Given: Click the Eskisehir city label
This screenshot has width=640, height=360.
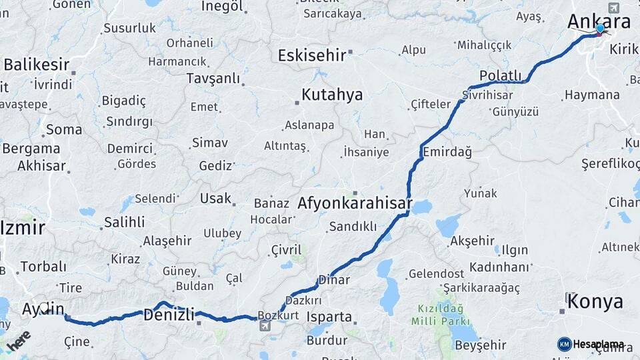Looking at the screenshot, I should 311,55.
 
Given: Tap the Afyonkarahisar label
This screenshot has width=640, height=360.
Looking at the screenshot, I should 355,203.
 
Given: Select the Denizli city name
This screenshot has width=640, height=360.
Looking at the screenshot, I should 169,315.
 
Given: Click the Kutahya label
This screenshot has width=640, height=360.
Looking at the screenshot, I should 332,95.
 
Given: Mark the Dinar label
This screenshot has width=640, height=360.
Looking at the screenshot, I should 334,280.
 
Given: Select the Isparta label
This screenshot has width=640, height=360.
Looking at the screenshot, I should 329,316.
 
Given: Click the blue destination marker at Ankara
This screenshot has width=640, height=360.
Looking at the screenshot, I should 601,29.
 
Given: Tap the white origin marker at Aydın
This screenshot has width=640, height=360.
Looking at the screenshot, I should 44,307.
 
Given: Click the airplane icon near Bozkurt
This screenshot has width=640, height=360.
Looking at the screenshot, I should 265,325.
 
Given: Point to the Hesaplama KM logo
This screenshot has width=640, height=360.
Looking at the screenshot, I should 591,344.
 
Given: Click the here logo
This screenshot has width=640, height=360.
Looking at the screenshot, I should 18,340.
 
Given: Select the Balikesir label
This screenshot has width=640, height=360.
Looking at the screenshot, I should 37,65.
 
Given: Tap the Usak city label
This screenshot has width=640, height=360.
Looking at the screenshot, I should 215,199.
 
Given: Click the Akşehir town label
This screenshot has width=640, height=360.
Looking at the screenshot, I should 472,241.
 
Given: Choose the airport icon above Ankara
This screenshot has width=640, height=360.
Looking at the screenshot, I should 613,7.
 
